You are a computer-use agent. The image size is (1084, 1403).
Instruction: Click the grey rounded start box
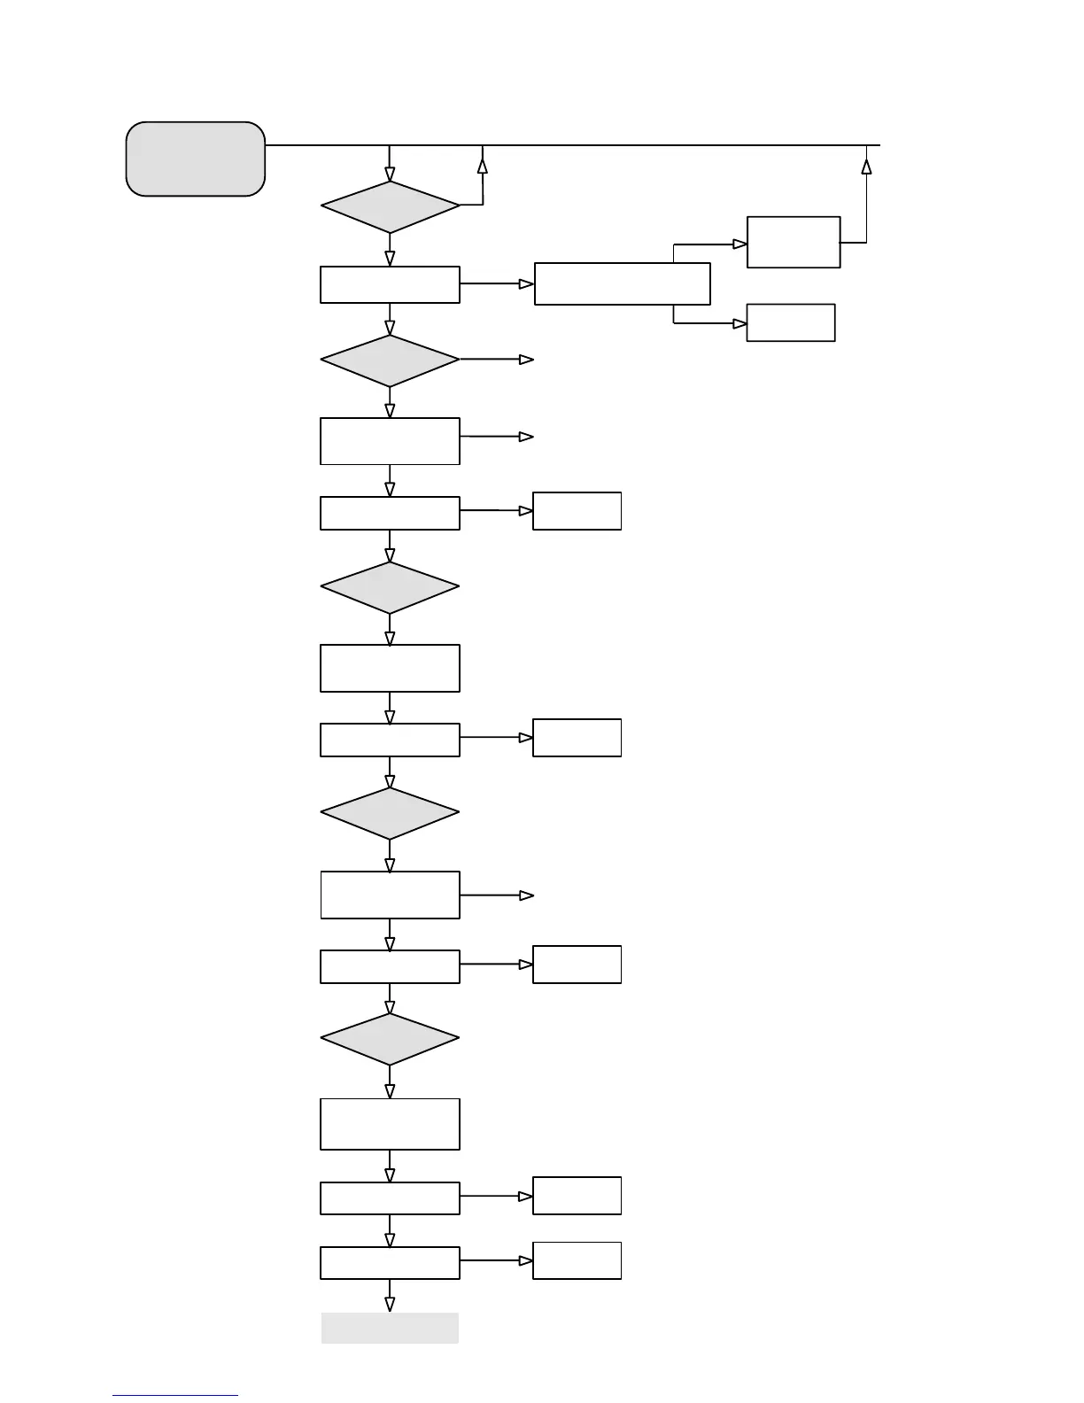196,159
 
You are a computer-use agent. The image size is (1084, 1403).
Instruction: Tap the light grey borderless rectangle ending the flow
390,1328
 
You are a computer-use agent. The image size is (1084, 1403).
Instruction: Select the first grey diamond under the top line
390,207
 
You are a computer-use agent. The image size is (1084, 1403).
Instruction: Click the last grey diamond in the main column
390,1039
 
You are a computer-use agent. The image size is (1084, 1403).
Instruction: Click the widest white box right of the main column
622,283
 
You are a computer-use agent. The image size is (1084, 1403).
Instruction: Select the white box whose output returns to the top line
794,242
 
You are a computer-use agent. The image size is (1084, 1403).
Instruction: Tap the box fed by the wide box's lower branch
791,322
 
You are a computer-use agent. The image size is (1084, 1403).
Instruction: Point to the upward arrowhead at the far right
866,167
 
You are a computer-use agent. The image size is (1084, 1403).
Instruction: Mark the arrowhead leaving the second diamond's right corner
526,360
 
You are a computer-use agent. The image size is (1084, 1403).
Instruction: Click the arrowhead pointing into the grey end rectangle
390,1304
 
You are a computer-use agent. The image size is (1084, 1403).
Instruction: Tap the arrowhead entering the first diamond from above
390,174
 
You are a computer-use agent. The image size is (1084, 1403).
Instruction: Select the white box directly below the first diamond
390,284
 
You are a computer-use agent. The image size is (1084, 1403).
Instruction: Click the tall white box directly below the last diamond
390,1124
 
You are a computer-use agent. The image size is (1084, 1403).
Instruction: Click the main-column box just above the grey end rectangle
390,1262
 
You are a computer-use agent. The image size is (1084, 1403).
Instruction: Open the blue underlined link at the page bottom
175,1395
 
